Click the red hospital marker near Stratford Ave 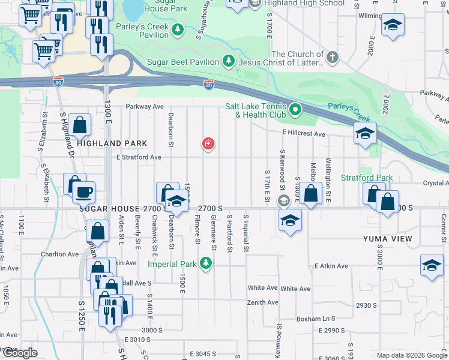pyautogui.click(x=208, y=144)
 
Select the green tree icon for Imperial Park pyautogui.click(x=206, y=263)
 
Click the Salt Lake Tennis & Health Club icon pyautogui.click(x=295, y=110)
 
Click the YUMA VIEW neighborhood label pyautogui.click(x=387, y=239)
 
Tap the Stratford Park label pyautogui.click(x=366, y=178)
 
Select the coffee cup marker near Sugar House pyautogui.click(x=83, y=192)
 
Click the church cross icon pyautogui.click(x=332, y=58)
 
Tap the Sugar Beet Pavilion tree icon pyautogui.click(x=228, y=62)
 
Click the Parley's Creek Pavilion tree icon pyautogui.click(x=177, y=29)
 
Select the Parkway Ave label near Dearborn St pyautogui.click(x=145, y=106)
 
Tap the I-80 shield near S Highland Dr pyautogui.click(x=58, y=80)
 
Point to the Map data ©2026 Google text pyautogui.click(x=411, y=355)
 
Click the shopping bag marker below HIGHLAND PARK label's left pyautogui.click(x=80, y=125)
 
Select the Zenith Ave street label pyautogui.click(x=263, y=302)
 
